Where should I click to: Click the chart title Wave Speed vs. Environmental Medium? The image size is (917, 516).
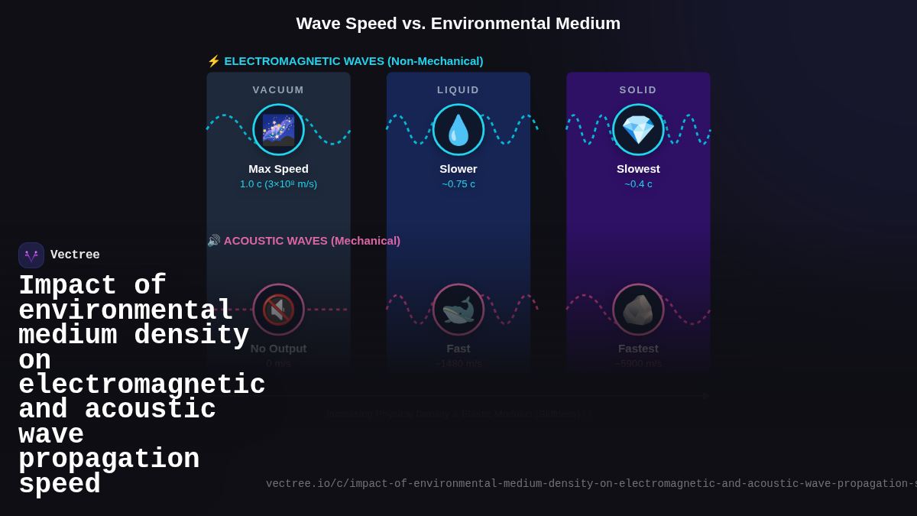[x=458, y=24]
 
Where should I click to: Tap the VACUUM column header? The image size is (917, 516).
[x=278, y=89]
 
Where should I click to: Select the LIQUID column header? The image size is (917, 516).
[x=458, y=89]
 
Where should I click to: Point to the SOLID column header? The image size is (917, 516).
[x=638, y=89]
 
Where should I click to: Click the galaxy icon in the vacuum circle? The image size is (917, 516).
[x=278, y=130]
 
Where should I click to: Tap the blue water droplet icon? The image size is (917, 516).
[x=458, y=130]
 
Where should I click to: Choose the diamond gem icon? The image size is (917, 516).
[x=638, y=130]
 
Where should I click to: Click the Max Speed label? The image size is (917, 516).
[x=278, y=169]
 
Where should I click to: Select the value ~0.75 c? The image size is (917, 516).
[x=458, y=184]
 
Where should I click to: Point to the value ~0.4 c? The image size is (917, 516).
[x=638, y=184]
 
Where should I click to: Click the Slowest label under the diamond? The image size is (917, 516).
[x=638, y=169]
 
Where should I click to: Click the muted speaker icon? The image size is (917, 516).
[x=278, y=310]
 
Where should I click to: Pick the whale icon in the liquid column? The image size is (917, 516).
[x=458, y=310]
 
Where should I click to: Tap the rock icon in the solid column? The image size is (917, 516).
[x=638, y=310]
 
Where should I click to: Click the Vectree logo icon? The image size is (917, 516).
[x=31, y=255]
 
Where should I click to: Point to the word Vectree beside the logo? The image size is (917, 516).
[x=75, y=255]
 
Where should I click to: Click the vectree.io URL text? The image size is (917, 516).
[x=588, y=484]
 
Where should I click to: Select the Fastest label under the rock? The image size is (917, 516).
[x=638, y=349]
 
